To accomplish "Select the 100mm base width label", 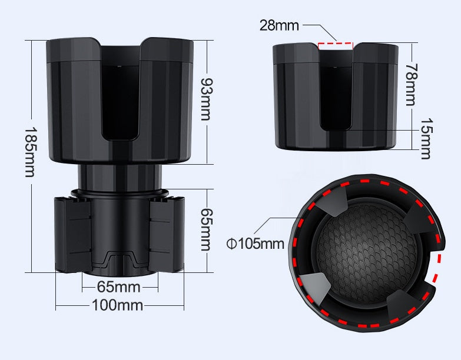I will (117, 305).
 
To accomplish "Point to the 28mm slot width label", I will (279, 25).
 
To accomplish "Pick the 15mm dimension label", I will (425, 139).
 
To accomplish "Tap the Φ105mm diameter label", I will (256, 243).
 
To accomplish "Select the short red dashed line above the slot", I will (334, 43).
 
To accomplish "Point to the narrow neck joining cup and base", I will (120, 176).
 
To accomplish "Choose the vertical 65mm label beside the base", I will (204, 229).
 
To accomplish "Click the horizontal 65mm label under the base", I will (118, 287).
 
